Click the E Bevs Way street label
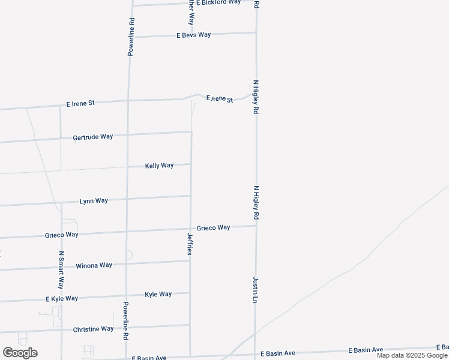coord(193,35)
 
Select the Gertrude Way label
coord(93,137)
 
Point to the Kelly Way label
coord(159,165)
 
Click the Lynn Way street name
coord(94,200)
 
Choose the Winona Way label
coord(94,265)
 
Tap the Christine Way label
coord(93,329)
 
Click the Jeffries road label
coord(190,244)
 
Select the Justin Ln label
coord(255,289)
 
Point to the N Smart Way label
coord(61,270)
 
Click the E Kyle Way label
coord(62,298)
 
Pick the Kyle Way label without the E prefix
coord(158,294)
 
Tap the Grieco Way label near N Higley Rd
coord(213,227)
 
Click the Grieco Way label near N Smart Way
coord(61,235)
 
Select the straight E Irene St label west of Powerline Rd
coord(80,103)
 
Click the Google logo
coord(20,353)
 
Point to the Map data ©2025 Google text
coord(412,355)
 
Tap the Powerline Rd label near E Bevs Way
coord(131,37)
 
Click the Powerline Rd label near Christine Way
coord(126,321)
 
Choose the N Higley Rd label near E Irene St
coord(256,97)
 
